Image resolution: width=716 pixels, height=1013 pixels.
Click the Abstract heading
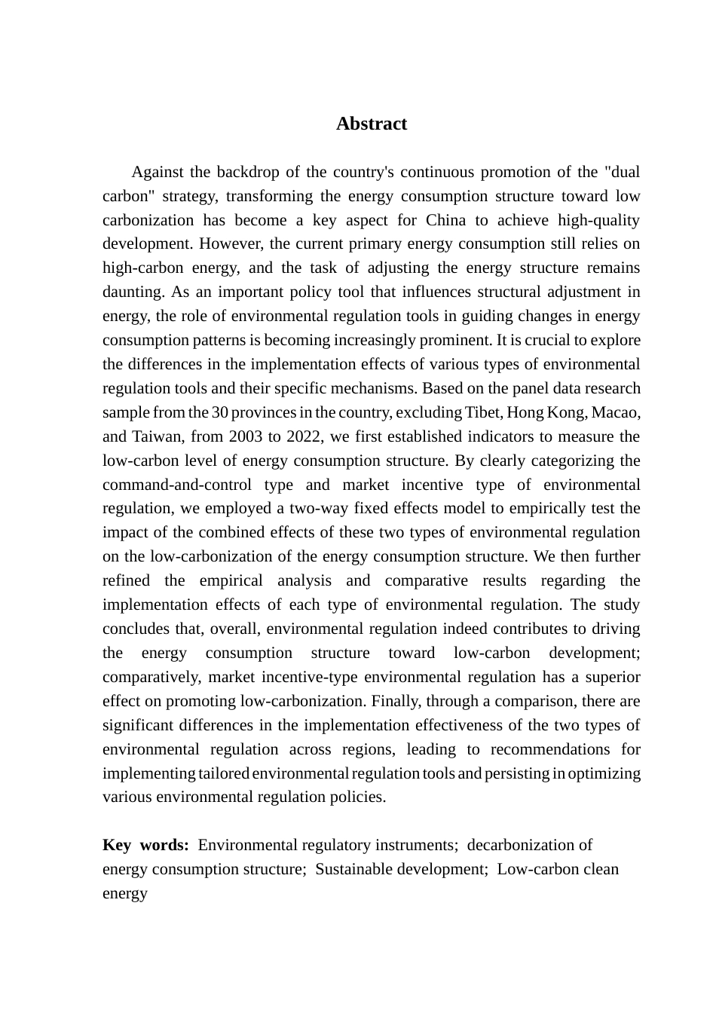[372, 124]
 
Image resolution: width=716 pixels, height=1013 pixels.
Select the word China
[445, 221]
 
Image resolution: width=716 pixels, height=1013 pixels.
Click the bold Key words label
[145, 846]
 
